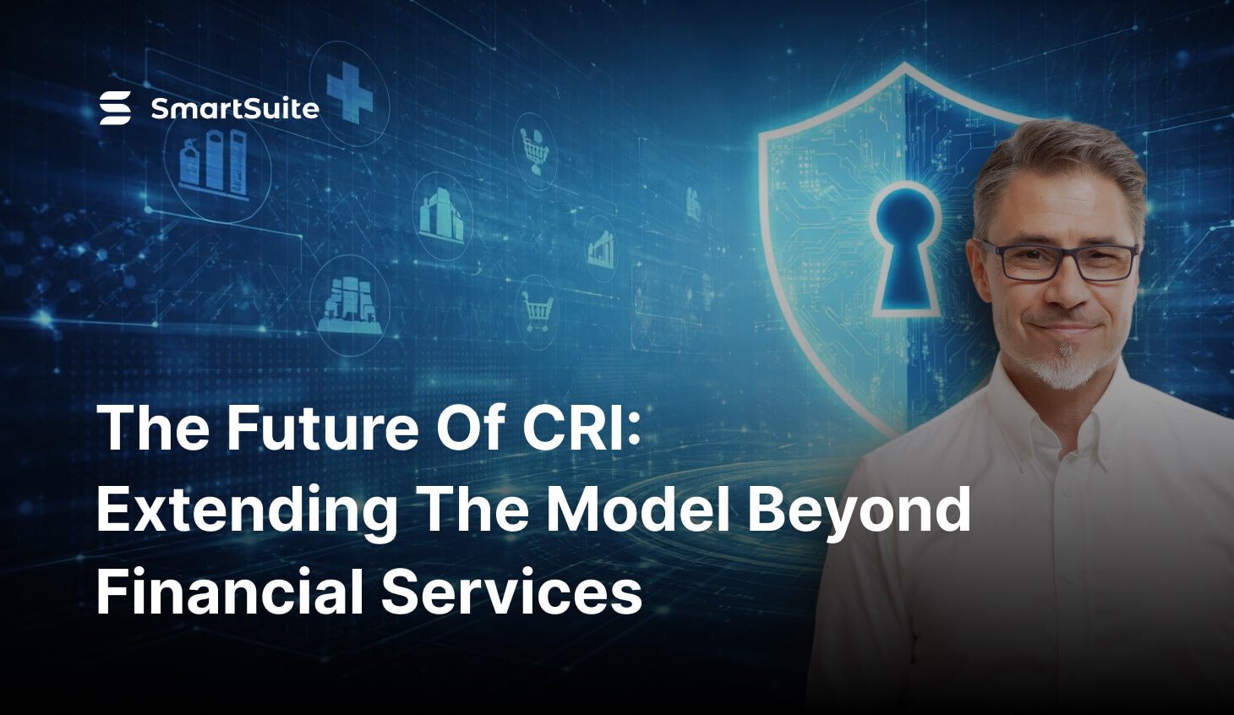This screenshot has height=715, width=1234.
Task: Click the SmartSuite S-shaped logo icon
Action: click(115, 108)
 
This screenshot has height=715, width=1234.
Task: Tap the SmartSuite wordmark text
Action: click(234, 109)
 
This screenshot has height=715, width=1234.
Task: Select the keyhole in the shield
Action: click(904, 245)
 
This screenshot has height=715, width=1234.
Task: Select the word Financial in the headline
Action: click(229, 592)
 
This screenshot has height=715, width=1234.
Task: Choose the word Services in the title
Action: click(511, 592)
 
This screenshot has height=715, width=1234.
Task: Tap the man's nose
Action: click(1067, 292)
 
